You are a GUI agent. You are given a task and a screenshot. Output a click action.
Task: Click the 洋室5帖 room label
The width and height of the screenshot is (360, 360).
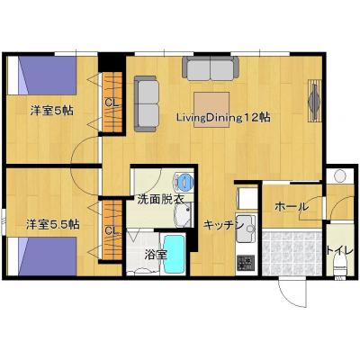pos(51,111)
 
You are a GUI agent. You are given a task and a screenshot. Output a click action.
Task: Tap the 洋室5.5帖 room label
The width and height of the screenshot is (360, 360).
pos(52,224)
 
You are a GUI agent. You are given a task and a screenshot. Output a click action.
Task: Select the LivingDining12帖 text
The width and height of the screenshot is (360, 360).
pos(223,117)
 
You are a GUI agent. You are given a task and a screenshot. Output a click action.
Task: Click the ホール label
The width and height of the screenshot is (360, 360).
pos(292,206)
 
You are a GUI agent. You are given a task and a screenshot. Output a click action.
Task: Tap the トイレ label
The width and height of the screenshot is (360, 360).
pos(340,250)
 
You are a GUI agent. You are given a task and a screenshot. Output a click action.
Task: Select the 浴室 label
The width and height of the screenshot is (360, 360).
pos(156,255)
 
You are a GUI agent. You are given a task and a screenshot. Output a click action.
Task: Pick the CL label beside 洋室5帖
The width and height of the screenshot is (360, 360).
pos(112,103)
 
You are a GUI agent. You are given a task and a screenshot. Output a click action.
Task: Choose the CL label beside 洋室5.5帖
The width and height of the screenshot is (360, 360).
pos(112,230)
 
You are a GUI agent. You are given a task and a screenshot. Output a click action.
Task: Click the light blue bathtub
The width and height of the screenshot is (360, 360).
pos(175,254)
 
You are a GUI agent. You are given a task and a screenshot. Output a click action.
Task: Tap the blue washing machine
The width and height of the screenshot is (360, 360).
pos(184,182)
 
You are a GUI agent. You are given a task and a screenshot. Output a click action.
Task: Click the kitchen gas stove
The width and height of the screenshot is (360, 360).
pos(246,262)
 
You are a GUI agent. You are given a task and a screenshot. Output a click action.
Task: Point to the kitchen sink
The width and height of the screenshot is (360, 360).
pos(246,229)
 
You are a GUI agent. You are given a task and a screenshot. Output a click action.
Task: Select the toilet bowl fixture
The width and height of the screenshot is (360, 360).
pos(340,265)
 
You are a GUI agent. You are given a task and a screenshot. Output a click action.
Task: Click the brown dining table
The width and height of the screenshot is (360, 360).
pos(211,110)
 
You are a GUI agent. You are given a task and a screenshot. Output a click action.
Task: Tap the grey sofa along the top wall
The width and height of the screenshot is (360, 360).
pos(211,68)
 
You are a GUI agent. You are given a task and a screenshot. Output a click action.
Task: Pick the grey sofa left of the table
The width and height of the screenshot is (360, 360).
pos(147,103)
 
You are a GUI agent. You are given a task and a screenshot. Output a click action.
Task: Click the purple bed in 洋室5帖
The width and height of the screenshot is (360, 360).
pos(48,76)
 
